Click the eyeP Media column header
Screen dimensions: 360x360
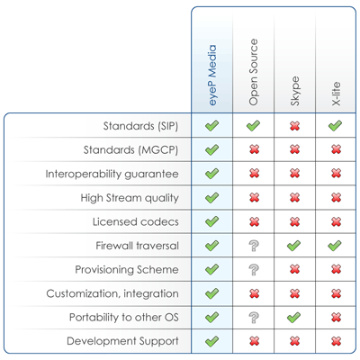tap(212, 75)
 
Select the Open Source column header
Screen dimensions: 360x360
tap(254, 72)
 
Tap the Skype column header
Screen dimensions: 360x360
tap(295, 91)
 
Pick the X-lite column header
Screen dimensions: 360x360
tap(337, 94)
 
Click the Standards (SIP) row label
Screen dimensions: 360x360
tap(140, 126)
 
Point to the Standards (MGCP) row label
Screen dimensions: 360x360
tap(130, 149)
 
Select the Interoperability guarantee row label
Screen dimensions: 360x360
tap(112, 174)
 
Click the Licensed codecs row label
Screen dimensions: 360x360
tap(136, 221)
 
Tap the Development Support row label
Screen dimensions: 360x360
tap(122, 341)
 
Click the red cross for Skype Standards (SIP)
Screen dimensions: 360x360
tap(295, 126)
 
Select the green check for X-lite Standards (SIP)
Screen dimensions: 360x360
tap(335, 125)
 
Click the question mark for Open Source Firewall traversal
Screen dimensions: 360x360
tap(254, 246)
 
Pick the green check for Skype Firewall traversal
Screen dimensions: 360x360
tap(294, 246)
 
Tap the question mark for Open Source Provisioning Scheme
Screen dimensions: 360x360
tap(254, 269)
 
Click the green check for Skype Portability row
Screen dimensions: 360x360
tap(294, 317)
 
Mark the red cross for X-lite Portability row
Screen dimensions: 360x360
tap(337, 318)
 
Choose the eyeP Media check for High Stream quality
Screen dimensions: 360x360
tap(212, 197)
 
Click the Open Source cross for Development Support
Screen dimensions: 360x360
tap(254, 341)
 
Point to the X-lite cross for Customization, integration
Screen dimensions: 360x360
tap(337, 293)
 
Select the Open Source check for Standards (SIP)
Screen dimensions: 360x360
tap(253, 125)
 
